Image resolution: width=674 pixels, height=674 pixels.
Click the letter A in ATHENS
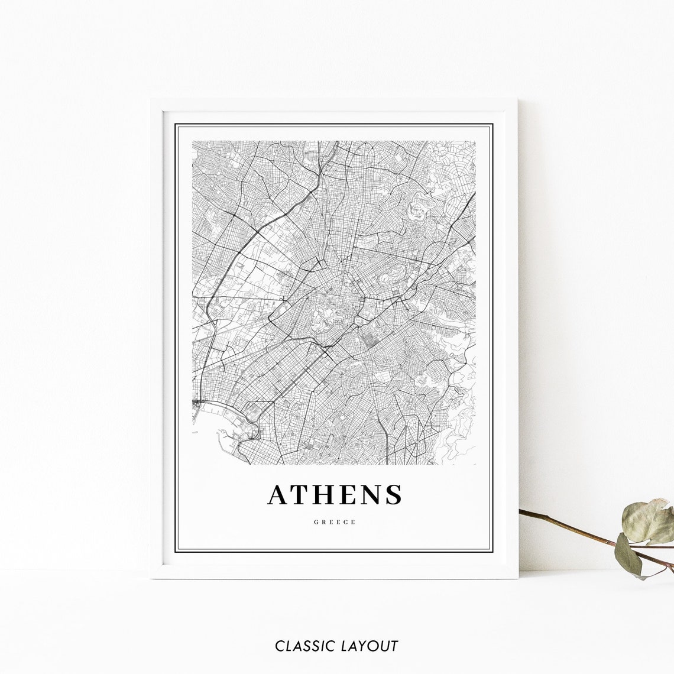281,495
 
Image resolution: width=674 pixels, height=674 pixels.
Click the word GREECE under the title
335,522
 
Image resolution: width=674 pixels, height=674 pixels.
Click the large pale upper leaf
649,521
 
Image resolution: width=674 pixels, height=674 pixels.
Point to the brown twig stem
568,527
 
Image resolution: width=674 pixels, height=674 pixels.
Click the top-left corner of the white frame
152,101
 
